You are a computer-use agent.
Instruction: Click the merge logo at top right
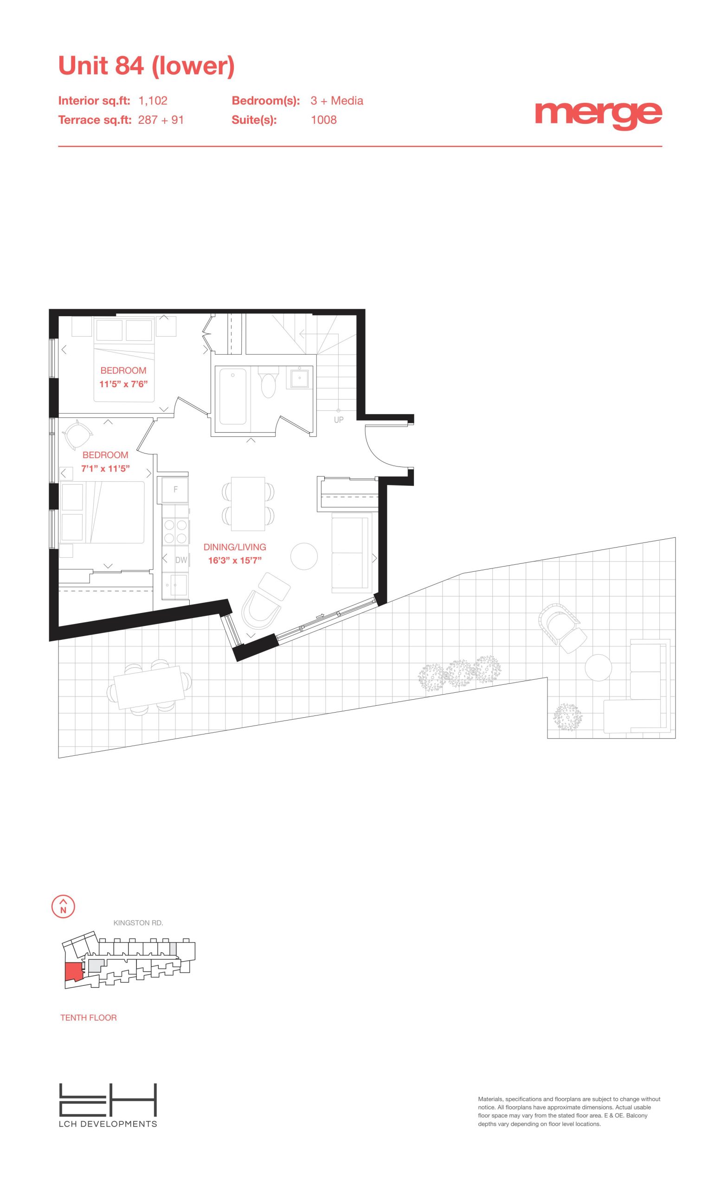(x=598, y=115)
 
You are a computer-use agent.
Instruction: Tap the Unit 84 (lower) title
(x=146, y=65)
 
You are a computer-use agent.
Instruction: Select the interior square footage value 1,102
(x=153, y=101)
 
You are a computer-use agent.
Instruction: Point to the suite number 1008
(x=323, y=120)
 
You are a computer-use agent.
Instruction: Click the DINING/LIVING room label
(x=234, y=547)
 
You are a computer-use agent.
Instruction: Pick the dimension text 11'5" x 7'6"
(x=123, y=384)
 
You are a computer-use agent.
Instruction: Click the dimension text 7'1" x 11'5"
(x=105, y=468)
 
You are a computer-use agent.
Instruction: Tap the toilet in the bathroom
(x=268, y=381)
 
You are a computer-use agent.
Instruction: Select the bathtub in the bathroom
(x=233, y=396)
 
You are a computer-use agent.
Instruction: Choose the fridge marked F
(x=175, y=490)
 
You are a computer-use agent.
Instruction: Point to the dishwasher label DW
(x=181, y=560)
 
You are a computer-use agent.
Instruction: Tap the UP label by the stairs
(x=339, y=420)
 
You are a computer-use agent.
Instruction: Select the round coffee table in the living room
(x=304, y=556)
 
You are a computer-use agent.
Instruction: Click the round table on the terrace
(x=599, y=667)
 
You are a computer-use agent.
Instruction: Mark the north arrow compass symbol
(x=63, y=906)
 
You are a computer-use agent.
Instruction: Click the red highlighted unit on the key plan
(x=73, y=972)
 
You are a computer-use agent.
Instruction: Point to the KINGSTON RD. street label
(x=138, y=923)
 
